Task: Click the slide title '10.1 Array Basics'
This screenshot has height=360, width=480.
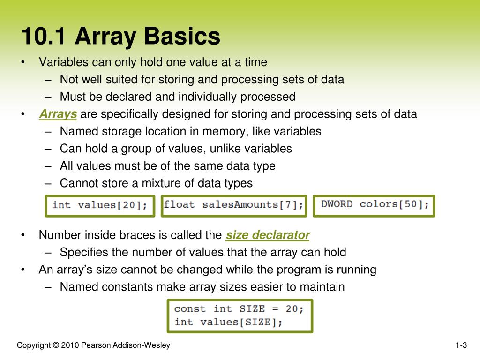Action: (x=120, y=37)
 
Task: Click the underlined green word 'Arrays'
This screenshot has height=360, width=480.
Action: (x=58, y=114)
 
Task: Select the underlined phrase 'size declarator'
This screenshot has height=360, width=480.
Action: (x=268, y=235)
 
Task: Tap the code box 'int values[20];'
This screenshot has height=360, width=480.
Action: (x=99, y=205)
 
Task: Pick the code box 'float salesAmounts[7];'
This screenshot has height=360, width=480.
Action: (x=233, y=205)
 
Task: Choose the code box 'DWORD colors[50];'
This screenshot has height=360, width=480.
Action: (x=374, y=205)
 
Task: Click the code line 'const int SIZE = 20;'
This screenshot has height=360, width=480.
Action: (x=239, y=309)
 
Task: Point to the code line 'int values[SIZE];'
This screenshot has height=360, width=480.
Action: (x=229, y=322)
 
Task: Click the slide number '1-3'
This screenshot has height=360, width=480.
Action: (x=461, y=346)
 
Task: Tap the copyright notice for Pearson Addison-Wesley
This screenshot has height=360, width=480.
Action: (x=93, y=346)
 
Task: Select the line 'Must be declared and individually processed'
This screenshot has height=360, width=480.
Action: (x=178, y=97)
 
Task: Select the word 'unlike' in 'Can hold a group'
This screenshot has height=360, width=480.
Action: (x=225, y=149)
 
